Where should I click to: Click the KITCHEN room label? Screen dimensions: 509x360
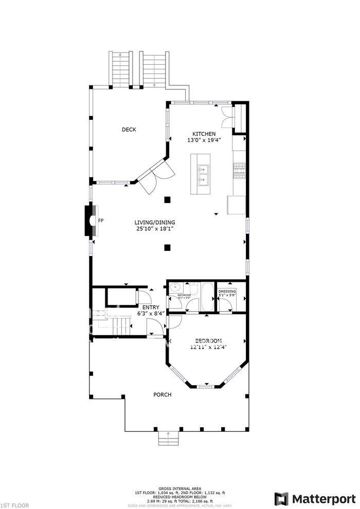pos(201,133)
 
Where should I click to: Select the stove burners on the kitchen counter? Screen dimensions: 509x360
pos(240,171)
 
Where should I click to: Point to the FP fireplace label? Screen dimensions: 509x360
pos(101,221)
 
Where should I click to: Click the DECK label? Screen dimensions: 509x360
pos(129,130)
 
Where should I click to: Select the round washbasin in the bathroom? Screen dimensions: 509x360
pos(174,288)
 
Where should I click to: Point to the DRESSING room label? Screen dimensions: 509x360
pos(227,292)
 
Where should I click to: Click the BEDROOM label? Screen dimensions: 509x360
pos(208,340)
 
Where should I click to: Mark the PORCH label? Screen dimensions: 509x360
pos(163,395)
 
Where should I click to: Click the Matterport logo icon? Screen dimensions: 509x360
pos(282,499)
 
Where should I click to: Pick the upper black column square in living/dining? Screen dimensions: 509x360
pos(167,200)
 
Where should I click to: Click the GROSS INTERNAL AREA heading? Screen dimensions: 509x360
pos(179,489)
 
